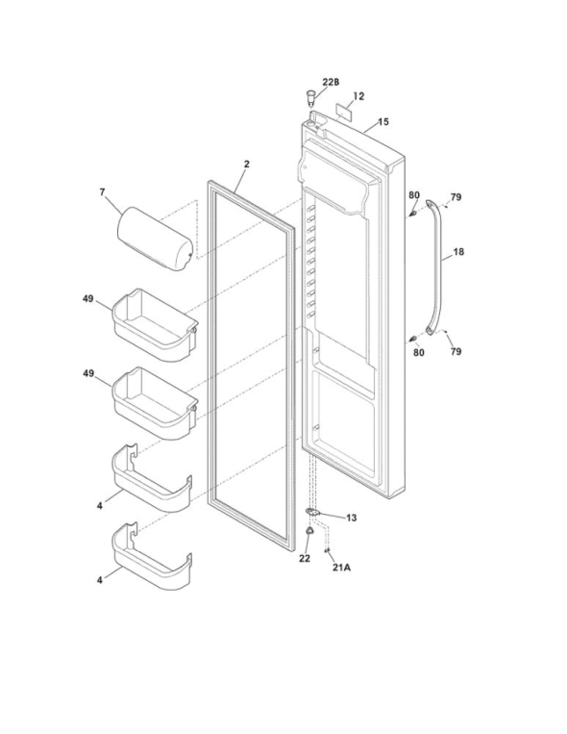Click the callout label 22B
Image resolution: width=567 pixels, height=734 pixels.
pyautogui.click(x=331, y=82)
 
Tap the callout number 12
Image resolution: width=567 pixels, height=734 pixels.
pyautogui.click(x=358, y=96)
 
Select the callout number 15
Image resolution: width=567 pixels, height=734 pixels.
pyautogui.click(x=383, y=122)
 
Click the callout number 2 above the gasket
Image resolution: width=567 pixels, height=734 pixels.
pyautogui.click(x=247, y=164)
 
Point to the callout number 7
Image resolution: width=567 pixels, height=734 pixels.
pyautogui.click(x=103, y=192)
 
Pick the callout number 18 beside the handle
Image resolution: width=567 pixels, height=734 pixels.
pyautogui.click(x=459, y=252)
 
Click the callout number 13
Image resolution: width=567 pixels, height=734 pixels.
pyautogui.click(x=352, y=518)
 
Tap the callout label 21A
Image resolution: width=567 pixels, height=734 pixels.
pyautogui.click(x=341, y=568)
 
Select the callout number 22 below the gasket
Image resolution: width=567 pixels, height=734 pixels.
pyautogui.click(x=305, y=559)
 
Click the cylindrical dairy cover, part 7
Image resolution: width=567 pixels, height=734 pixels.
pyautogui.click(x=155, y=239)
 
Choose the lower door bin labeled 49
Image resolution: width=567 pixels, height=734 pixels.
pyautogui.click(x=155, y=403)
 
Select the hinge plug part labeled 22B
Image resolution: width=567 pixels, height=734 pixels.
pyautogui.click(x=310, y=97)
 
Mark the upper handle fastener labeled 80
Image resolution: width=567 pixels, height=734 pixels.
pyautogui.click(x=412, y=214)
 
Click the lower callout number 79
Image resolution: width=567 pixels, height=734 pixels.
pyautogui.click(x=456, y=351)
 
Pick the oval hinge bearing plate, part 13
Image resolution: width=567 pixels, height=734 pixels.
pyautogui.click(x=312, y=512)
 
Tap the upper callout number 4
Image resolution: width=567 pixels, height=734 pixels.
pyautogui.click(x=100, y=506)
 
